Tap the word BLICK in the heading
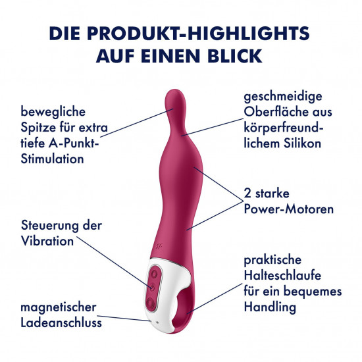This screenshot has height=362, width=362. [x=235, y=56]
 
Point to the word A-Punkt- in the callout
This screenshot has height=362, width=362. [x=74, y=143]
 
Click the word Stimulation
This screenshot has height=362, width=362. [x=52, y=159]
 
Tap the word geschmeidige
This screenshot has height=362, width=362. [x=283, y=97]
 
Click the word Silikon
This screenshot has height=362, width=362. [x=302, y=143]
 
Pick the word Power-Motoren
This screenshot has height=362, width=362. [x=289, y=209]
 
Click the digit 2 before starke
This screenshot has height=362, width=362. [x=247, y=194]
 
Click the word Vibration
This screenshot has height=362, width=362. [x=47, y=241]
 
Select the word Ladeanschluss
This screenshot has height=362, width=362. [x=61, y=323]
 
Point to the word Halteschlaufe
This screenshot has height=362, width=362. [x=282, y=275]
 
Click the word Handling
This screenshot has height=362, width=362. [x=270, y=307]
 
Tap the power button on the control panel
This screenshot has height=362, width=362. [x=152, y=288]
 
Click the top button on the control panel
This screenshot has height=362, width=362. [x=154, y=274]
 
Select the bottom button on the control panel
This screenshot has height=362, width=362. [x=151, y=302]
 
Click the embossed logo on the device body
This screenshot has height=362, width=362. [x=159, y=246]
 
